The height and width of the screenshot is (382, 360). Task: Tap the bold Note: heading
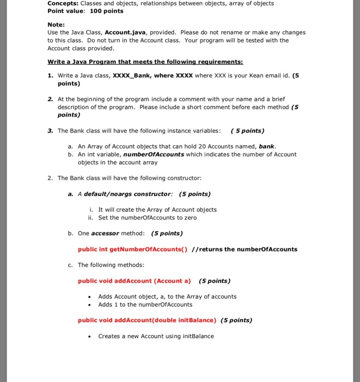coord(56,25)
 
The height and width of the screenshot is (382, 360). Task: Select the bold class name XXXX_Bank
coord(132,75)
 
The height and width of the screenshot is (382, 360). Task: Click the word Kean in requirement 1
coord(245,75)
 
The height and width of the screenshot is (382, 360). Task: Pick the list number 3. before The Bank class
coord(50,131)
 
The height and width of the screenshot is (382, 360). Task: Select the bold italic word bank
coord(267,146)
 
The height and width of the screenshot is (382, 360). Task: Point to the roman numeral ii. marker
coord(91,218)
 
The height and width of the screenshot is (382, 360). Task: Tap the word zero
coord(189,218)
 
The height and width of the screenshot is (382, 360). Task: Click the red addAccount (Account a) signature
coord(134,281)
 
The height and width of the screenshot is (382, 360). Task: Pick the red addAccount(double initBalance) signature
coord(147,320)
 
